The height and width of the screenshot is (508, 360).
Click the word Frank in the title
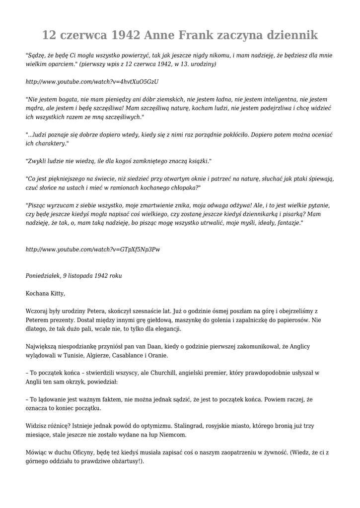point(196,35)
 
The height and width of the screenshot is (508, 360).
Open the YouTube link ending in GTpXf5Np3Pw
point(93,249)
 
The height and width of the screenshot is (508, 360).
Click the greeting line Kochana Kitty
point(45,293)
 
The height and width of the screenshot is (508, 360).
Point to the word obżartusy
point(124,461)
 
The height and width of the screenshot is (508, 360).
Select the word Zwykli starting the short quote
point(36,161)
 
